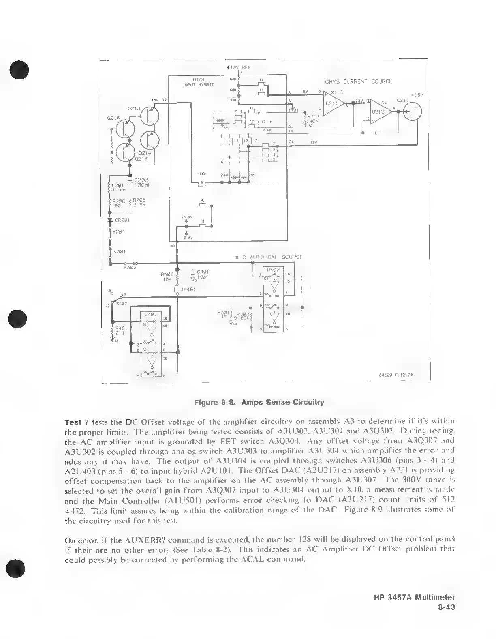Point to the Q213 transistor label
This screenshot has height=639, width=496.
coord(134,109)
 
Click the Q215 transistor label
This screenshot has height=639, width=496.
coord(113,118)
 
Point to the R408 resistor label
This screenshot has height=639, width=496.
coord(167,274)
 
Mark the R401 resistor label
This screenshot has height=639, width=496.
coord(122,328)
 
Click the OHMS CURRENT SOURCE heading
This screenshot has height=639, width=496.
coord(358,81)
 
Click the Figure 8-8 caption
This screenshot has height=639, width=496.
coord(259,403)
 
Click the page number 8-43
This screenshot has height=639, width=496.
coord(447,607)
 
